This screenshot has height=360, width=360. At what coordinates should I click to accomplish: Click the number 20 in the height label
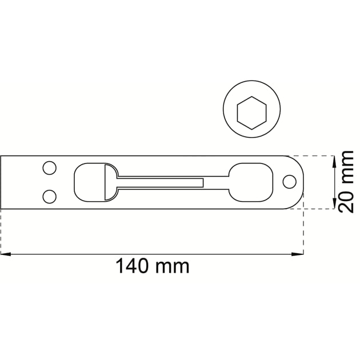click(346, 202)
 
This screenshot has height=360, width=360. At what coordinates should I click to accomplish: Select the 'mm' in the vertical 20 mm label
click(347, 167)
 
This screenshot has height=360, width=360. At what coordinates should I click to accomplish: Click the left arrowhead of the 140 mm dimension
click(6, 254)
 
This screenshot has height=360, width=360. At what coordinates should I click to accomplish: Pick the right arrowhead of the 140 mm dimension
click(298, 254)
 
